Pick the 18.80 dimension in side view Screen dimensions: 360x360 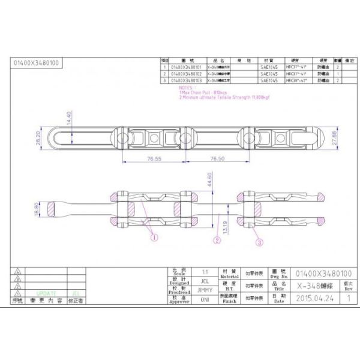tap(37, 209)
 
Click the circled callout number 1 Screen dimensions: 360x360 tap(154, 238)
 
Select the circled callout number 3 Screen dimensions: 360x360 tap(259, 242)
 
